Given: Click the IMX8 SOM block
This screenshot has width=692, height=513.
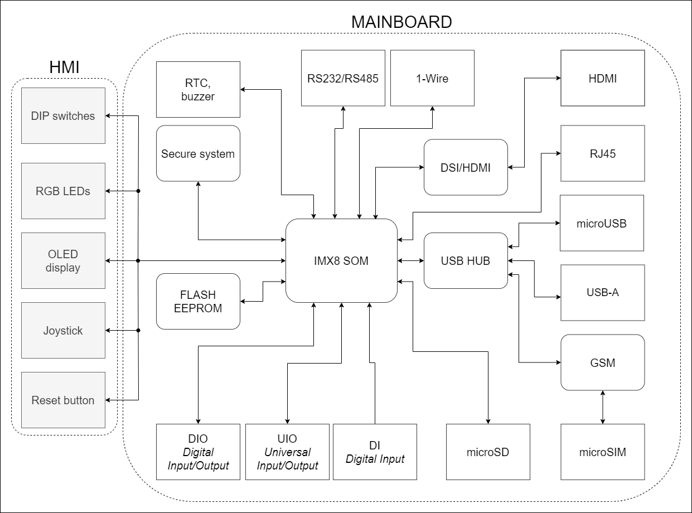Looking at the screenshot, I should click(x=341, y=260).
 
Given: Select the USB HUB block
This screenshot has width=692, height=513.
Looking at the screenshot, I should click(x=466, y=260).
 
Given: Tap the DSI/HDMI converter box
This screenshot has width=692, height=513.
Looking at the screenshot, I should click(x=466, y=167).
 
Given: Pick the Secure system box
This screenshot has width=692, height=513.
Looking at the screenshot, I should click(x=198, y=153).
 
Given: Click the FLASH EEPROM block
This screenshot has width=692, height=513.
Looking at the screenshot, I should click(x=198, y=301).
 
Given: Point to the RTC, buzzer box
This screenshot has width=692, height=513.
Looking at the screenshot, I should click(x=198, y=89).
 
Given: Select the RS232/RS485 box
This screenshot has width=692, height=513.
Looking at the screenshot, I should click(x=343, y=78).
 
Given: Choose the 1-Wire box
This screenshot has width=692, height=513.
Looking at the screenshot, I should click(x=432, y=78).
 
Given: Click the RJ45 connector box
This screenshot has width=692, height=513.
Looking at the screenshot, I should click(x=602, y=153).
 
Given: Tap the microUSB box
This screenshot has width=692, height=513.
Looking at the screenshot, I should click(x=602, y=223).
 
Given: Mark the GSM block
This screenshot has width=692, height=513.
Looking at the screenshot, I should click(x=602, y=362).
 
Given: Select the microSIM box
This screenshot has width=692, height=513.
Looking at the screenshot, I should click(x=602, y=452).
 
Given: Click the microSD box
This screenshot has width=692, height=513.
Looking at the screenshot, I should click(x=488, y=452).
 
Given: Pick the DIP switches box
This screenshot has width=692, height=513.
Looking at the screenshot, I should click(x=63, y=115).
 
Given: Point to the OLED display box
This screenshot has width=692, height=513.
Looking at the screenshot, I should click(x=63, y=260).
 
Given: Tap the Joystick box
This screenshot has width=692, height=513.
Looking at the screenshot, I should click(x=63, y=330).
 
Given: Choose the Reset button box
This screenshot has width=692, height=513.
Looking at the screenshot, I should click(x=63, y=400).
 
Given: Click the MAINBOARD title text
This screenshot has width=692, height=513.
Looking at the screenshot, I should click(x=401, y=22).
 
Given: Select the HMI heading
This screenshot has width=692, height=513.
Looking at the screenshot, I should click(x=64, y=67).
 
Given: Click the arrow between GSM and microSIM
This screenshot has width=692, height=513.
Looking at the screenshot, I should click(x=602, y=407).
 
